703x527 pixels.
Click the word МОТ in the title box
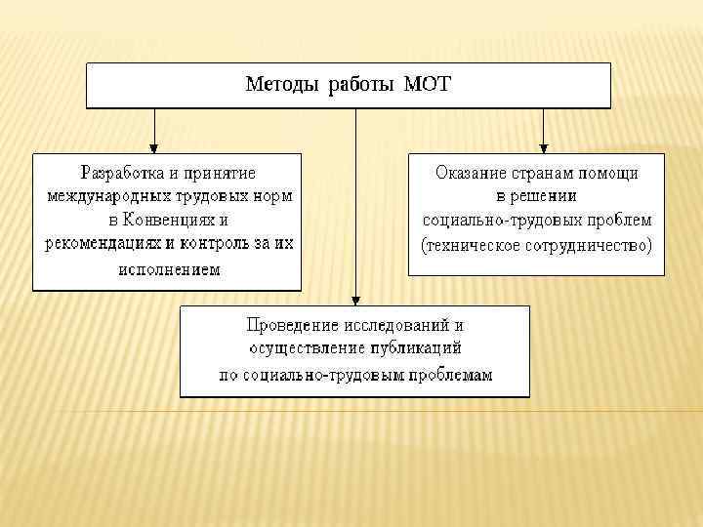coord(429,85)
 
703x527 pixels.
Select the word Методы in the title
coord(282,85)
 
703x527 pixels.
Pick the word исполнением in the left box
coord(168,269)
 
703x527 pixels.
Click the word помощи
coord(607,173)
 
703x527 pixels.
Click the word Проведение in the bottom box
coord(288,324)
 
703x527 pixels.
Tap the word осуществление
coord(307,347)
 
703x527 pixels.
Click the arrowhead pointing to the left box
coord(152,146)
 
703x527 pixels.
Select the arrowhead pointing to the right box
coord(544,146)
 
